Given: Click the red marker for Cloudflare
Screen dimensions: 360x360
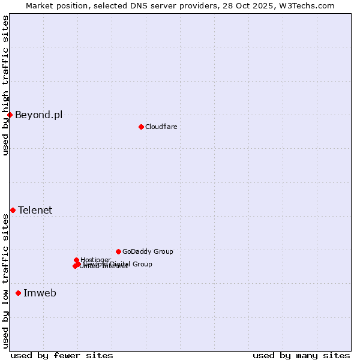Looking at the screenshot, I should click(x=141, y=127).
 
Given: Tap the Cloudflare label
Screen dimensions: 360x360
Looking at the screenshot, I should click(x=161, y=127).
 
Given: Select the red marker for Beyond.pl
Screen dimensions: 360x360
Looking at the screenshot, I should click(x=10, y=115).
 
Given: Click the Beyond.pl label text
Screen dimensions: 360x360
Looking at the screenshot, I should click(x=38, y=115).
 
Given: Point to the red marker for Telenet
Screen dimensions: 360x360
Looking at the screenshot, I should click(x=13, y=210).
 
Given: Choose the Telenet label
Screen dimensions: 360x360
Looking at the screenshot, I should click(x=35, y=210).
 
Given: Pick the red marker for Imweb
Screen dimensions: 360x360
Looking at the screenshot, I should click(x=18, y=293).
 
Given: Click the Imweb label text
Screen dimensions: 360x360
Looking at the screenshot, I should click(x=40, y=293).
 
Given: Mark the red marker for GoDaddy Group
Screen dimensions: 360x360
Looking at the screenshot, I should click(x=118, y=251).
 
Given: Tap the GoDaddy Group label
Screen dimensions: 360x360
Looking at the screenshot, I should click(x=148, y=251).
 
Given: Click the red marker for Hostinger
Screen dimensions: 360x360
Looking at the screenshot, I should click(x=77, y=260).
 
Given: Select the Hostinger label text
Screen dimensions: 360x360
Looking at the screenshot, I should click(x=95, y=260).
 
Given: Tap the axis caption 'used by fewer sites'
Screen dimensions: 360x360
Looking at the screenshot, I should click(x=62, y=355).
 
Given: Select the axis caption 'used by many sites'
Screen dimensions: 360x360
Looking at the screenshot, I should click(x=301, y=355).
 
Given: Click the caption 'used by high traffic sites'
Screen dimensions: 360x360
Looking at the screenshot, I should click(x=5, y=85).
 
